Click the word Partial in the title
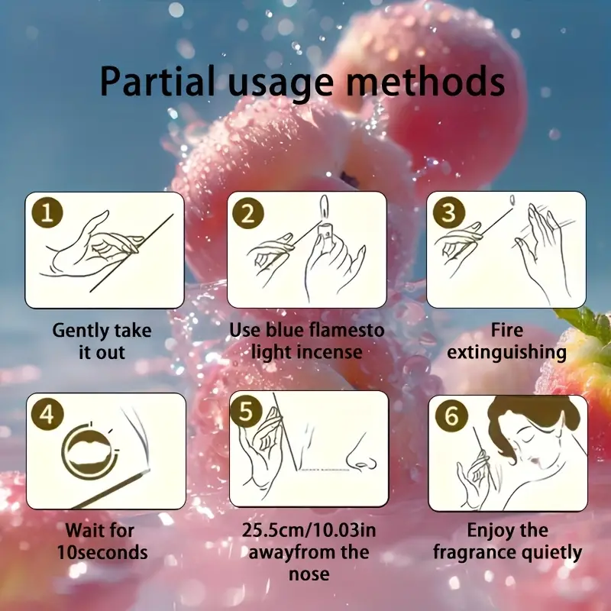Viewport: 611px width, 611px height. click(157, 81)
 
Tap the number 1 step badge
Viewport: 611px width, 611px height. click(47, 212)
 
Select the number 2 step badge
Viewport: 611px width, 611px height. click(248, 213)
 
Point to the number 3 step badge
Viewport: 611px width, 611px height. click(449, 212)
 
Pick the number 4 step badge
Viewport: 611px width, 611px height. click(47, 414)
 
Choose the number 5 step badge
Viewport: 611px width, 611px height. click(246, 411)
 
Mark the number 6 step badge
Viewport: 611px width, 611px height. click(451, 415)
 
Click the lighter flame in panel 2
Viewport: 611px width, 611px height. click(324, 206)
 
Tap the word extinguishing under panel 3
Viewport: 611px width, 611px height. click(506, 353)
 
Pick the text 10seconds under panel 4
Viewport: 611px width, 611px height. click(102, 552)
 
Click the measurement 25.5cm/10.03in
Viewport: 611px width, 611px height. click(309, 530)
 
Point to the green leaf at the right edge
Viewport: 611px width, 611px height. click(584, 321)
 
